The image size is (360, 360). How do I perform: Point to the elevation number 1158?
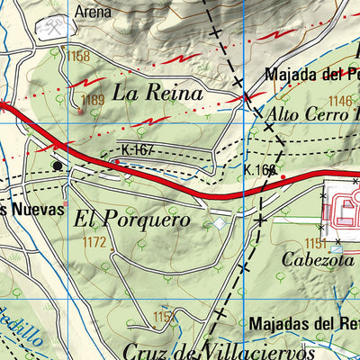coord(78,57)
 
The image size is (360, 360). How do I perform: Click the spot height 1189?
coord(93,100)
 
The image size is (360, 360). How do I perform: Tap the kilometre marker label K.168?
coord(259,168)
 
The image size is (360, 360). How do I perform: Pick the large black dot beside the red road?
coord(58,166)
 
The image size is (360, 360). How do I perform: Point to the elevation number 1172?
coord(94,241)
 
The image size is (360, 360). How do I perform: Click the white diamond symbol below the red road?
coord(220,222)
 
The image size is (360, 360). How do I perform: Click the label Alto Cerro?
coord(307,115)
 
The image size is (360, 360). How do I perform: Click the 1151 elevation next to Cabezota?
coord(315,243)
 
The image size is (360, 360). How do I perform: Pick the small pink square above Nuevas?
coord(65,190)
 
